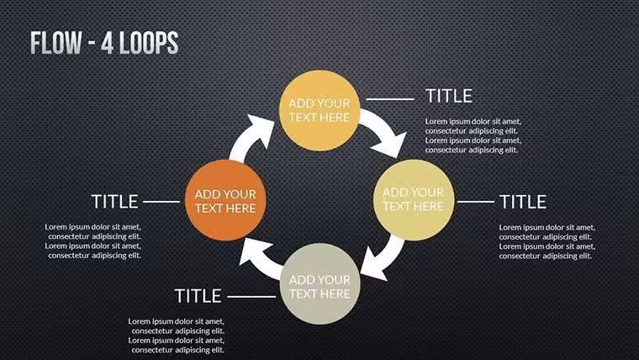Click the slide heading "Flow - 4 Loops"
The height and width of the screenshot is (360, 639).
(x=104, y=43)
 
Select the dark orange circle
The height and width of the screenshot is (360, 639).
(x=225, y=200)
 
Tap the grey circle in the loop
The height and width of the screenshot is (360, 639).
(x=319, y=283)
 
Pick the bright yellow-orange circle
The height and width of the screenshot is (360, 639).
(x=319, y=110)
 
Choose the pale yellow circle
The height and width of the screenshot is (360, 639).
(x=414, y=200)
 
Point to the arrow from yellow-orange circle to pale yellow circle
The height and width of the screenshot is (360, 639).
(x=385, y=130)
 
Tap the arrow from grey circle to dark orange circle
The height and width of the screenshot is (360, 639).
(x=259, y=259)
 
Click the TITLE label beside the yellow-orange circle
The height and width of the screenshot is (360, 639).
(x=449, y=96)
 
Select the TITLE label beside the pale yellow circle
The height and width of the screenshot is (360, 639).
(x=523, y=202)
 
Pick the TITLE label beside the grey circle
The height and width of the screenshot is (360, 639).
(x=198, y=296)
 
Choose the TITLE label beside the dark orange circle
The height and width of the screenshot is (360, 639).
(x=114, y=201)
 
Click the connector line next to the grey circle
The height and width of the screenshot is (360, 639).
(x=251, y=297)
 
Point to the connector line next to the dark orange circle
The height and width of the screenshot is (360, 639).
(x=161, y=201)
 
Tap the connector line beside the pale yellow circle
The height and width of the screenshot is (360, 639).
(x=476, y=201)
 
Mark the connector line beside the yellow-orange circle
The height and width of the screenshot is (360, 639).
(x=390, y=99)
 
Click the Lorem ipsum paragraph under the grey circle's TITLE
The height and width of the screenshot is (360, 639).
(x=177, y=336)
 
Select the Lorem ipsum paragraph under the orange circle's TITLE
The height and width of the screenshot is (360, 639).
(x=93, y=241)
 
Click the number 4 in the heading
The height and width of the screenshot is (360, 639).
(x=107, y=43)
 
